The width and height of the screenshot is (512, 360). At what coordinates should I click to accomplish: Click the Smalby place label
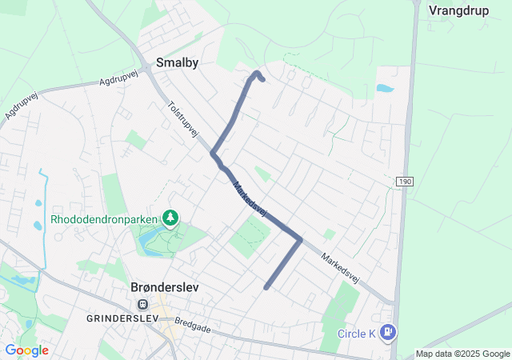pyautogui.click(x=177, y=62)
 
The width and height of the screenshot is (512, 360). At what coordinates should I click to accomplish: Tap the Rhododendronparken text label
pyautogui.click(x=103, y=218)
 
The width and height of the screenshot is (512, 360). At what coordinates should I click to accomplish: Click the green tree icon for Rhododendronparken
pyautogui.click(x=170, y=218)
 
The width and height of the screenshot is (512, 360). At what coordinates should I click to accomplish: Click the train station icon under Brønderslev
pyautogui.click(x=143, y=304)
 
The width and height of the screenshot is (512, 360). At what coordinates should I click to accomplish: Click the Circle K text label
pyautogui.click(x=356, y=334)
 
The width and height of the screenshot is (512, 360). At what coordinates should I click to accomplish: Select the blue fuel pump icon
pyautogui.click(x=388, y=330)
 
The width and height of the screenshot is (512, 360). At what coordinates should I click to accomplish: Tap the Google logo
pyautogui.click(x=26, y=350)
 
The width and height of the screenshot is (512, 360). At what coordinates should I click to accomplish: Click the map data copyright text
pyautogui.click(x=462, y=354)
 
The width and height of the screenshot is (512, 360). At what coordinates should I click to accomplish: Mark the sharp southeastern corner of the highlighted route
pyautogui.click(x=300, y=238)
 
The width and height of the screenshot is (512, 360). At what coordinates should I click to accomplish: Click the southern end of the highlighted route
pyautogui.click(x=266, y=286)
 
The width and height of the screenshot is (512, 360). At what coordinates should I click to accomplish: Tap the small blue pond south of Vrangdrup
pyautogui.click(x=384, y=89)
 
